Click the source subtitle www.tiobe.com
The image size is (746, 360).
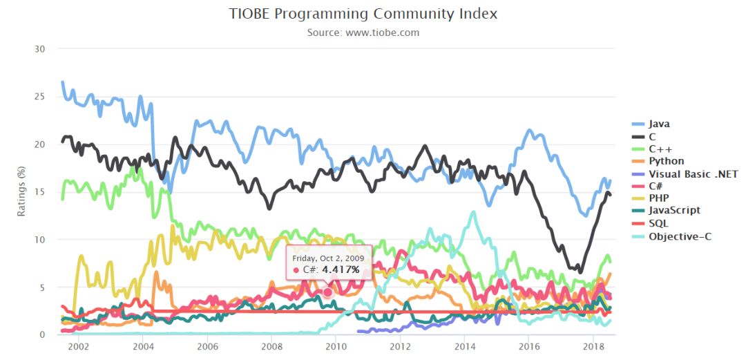[363, 32]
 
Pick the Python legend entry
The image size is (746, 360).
[666, 160]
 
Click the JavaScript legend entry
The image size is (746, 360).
[674, 210]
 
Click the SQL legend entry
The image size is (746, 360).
[658, 223]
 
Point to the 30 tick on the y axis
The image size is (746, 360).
[40, 49]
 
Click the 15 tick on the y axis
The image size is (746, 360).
[40, 192]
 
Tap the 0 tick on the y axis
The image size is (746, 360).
[42, 335]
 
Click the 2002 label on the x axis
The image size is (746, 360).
[78, 345]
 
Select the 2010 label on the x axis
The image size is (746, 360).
[336, 345]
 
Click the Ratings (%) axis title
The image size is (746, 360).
[21, 191]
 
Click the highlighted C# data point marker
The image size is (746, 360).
[327, 293]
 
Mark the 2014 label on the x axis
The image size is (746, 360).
[465, 345]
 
